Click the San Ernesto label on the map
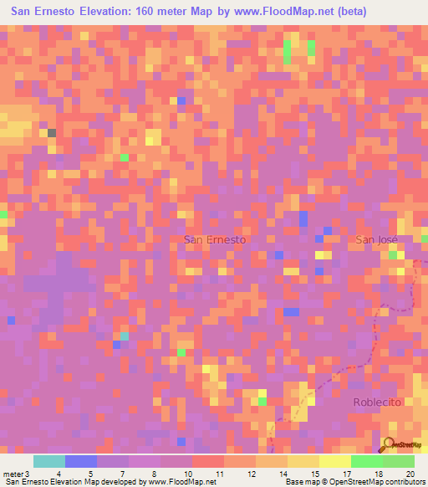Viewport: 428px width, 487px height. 214,239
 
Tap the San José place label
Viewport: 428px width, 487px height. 377,239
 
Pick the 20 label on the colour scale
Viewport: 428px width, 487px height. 410,474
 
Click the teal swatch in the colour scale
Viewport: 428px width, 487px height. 49,461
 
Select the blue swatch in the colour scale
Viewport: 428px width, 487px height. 81,461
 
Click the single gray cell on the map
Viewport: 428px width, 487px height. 52,132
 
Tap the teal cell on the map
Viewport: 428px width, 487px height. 124,336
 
